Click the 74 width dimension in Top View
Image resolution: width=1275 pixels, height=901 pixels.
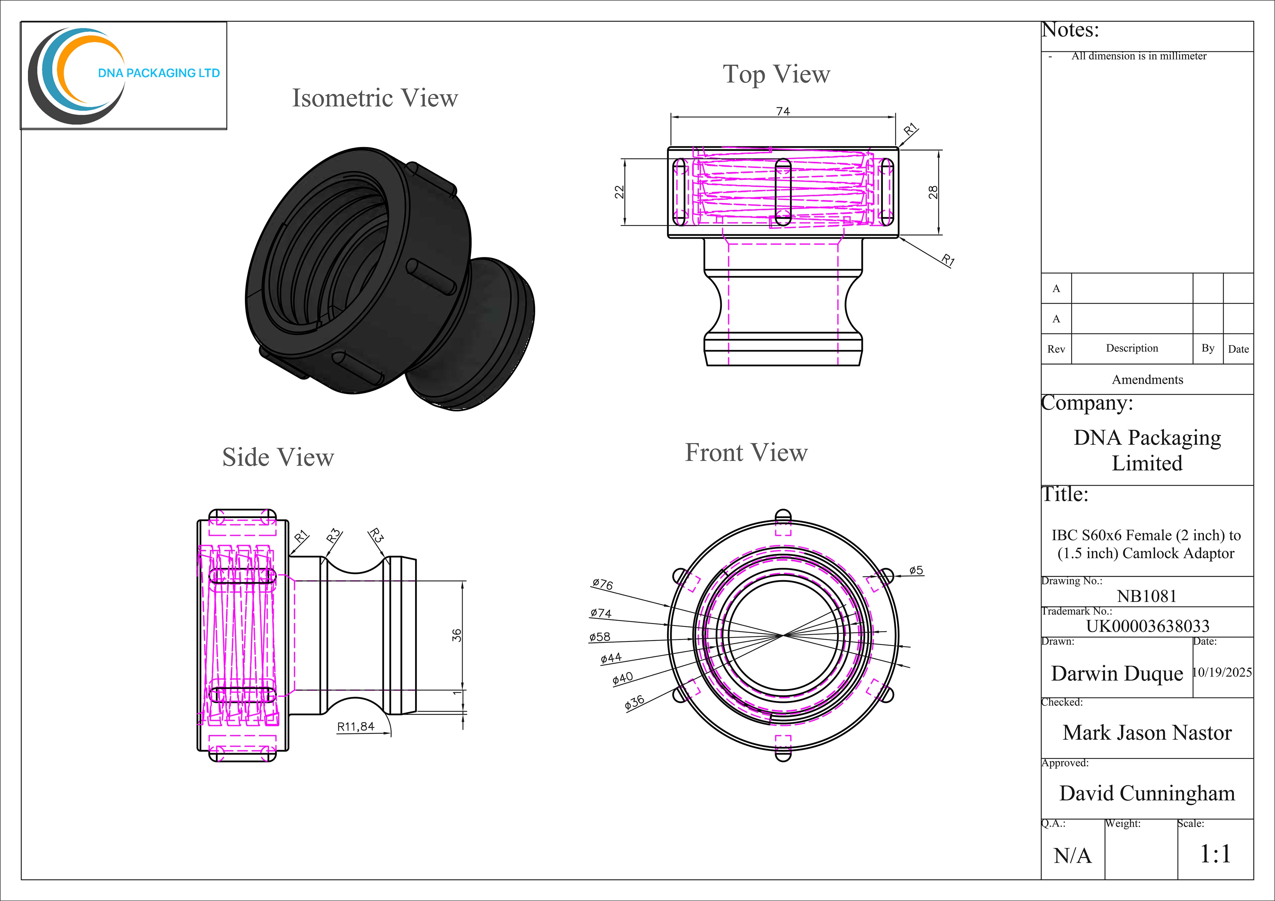(x=783, y=111)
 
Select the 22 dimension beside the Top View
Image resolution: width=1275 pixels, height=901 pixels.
(x=619, y=192)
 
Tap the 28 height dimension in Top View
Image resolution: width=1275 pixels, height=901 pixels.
(x=933, y=192)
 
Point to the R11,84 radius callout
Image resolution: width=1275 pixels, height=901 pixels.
(x=356, y=727)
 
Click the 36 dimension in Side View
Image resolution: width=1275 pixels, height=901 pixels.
(x=457, y=635)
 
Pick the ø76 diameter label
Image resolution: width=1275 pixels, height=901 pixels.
(x=603, y=584)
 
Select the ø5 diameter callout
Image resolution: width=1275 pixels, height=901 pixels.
(x=916, y=570)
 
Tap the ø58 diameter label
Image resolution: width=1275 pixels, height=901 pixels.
(x=600, y=637)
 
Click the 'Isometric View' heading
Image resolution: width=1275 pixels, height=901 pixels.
(x=375, y=98)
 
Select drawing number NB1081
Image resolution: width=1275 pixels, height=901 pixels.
(x=1147, y=596)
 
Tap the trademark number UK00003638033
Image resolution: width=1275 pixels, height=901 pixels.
(x=1147, y=626)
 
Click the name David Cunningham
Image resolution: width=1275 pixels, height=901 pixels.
(x=1147, y=793)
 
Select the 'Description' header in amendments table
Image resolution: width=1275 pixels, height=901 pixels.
(x=1132, y=348)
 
